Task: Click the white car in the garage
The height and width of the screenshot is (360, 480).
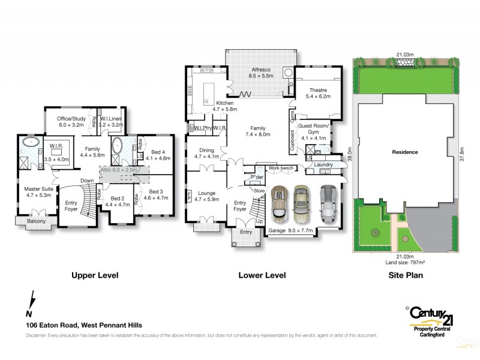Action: coord(328,202)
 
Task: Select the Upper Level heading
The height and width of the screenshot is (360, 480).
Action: coord(95,275)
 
